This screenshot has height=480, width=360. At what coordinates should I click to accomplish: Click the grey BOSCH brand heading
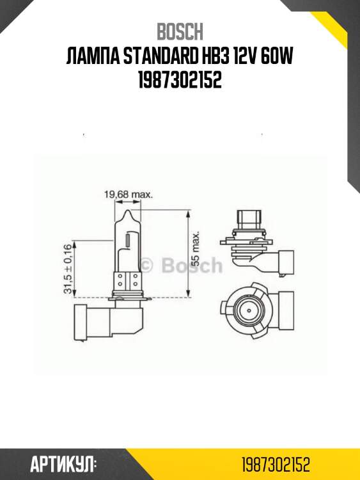(180, 31)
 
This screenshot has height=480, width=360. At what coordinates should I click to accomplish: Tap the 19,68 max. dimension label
(128, 194)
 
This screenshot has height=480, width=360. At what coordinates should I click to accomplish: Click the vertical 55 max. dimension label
(196, 248)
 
